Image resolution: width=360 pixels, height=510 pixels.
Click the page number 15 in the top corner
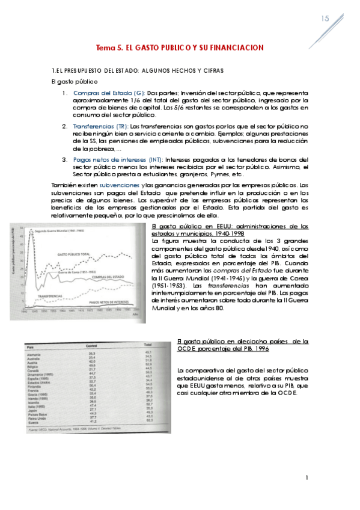point(325,19)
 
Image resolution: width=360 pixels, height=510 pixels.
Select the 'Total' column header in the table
point(147,345)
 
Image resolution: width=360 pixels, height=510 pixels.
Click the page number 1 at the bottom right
point(307,478)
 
